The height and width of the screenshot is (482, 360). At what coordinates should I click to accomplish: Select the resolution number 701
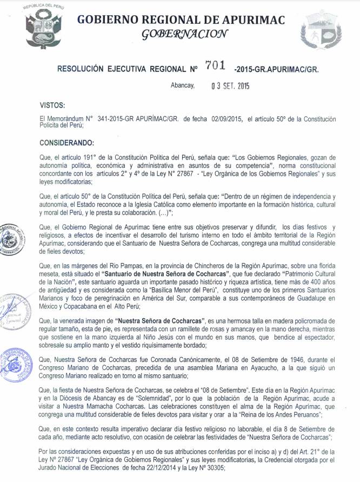[x=216, y=67]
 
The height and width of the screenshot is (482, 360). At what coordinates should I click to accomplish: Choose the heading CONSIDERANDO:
[x=68, y=142]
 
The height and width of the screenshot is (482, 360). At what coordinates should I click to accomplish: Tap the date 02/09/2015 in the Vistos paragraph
[x=228, y=118]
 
